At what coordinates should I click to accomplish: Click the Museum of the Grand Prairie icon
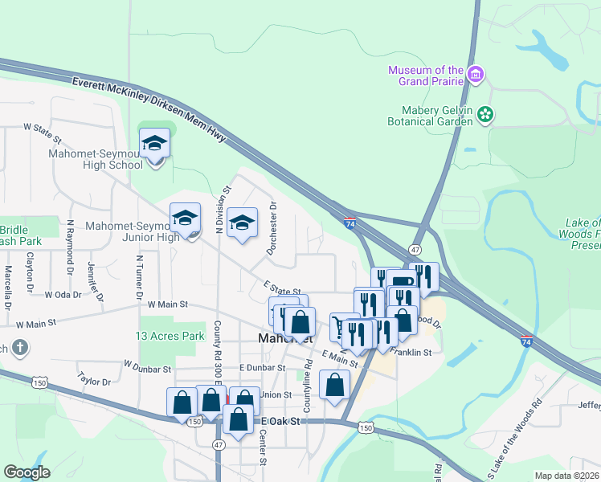(x=476, y=75)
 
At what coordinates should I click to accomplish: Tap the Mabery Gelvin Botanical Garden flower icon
(x=485, y=115)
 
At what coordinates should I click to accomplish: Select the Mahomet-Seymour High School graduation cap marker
(x=153, y=145)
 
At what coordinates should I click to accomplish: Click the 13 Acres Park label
(x=170, y=336)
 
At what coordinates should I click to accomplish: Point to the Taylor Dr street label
(x=93, y=378)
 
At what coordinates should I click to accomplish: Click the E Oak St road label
(x=280, y=421)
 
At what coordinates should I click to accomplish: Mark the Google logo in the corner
(x=27, y=472)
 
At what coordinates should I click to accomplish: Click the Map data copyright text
(x=567, y=476)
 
